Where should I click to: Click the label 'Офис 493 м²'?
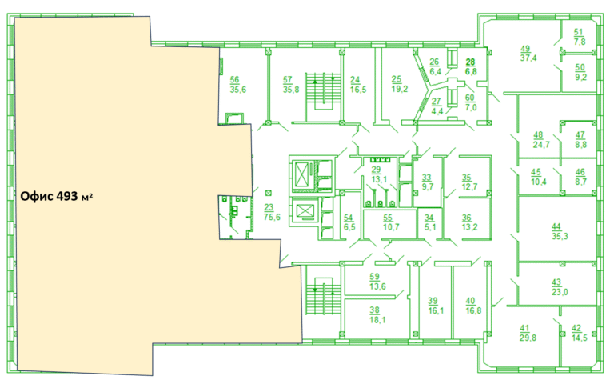(57, 196)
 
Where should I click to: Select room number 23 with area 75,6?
(272, 212)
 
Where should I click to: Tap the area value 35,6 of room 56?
(238, 90)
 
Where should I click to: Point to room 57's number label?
(288, 79)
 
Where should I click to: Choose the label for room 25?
(399, 84)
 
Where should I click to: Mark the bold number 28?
(470, 62)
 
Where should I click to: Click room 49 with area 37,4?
(528, 54)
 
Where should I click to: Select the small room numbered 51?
(579, 37)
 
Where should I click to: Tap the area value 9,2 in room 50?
(580, 77)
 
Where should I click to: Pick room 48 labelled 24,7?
(541, 140)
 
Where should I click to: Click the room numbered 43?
(560, 287)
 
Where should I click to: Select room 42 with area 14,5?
(579, 333)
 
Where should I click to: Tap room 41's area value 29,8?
(528, 338)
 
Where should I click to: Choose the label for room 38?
(377, 315)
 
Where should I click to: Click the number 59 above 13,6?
(374, 277)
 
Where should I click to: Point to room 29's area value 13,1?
(379, 179)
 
